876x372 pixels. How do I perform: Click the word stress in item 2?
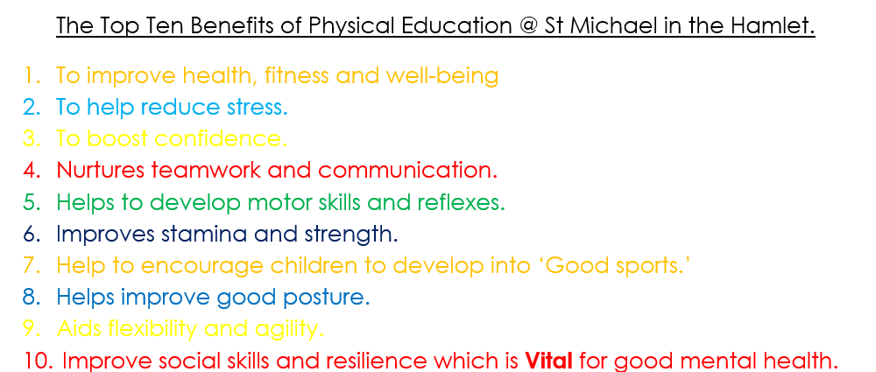[x=257, y=108]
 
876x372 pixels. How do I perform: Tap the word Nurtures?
[x=101, y=170]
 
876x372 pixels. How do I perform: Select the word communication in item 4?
[x=407, y=170]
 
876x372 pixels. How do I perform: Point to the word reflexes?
[x=461, y=201]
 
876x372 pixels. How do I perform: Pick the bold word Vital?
[x=549, y=361]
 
